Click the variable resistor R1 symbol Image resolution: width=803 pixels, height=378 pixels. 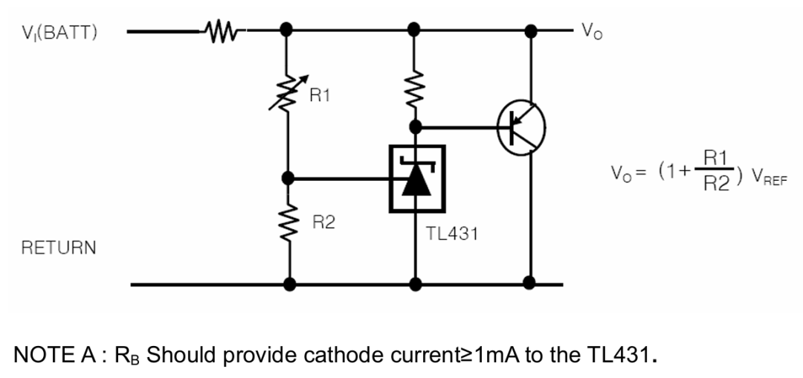[287, 96]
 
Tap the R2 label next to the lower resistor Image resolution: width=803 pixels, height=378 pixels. [323, 222]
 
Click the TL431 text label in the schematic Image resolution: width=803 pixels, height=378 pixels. [452, 234]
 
